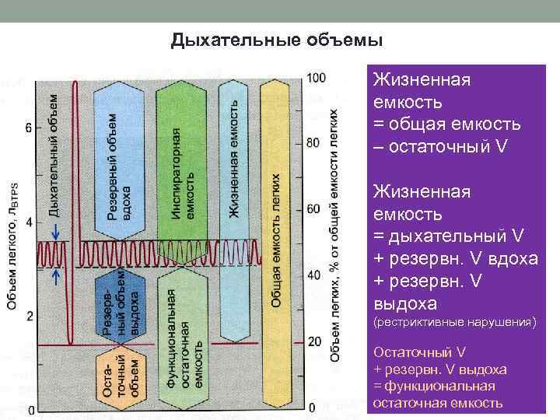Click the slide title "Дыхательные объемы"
277,40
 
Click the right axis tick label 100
317,78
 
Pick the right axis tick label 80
313,143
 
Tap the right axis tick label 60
313,209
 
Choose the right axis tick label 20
313,341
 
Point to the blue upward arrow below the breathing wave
56,276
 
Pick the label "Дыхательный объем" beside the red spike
54,152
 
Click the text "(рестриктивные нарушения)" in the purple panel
455,321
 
